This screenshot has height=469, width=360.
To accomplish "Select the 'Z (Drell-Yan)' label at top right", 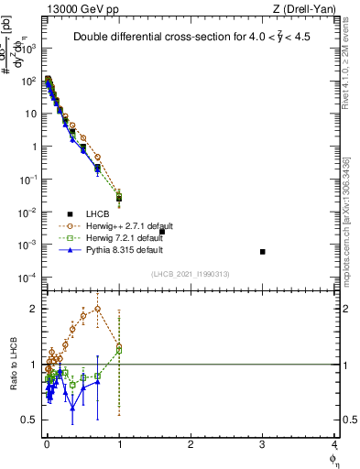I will (x=309, y=8).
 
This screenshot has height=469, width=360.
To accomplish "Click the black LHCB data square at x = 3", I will (x=263, y=252).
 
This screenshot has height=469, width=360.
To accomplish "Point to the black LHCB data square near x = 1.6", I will (x=162, y=232).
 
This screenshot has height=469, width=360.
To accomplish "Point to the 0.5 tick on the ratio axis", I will (x=31, y=420).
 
